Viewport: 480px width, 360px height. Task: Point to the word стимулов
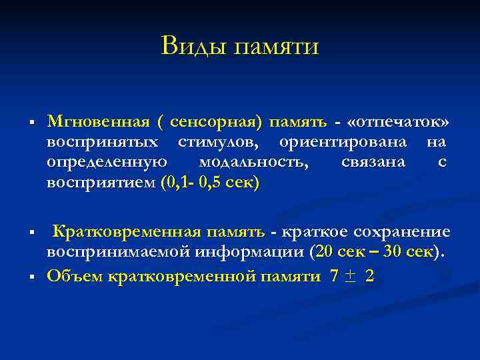[217, 143]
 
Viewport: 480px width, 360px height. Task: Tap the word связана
[373, 163]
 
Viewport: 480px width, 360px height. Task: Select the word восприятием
[101, 183]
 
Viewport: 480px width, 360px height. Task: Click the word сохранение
[403, 232]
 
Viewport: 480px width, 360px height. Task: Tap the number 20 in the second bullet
[323, 253]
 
